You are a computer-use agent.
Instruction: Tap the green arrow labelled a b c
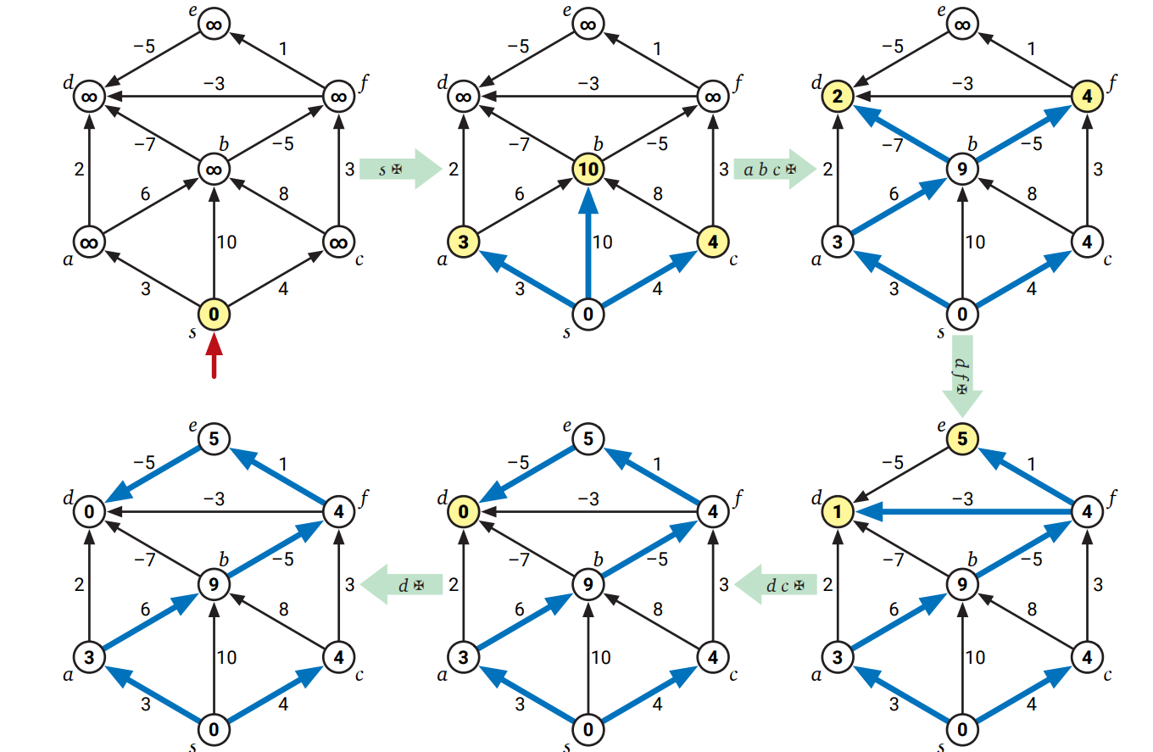coord(774,170)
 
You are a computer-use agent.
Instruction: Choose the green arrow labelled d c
coord(776,584)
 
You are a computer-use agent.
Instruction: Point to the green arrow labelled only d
coord(403,584)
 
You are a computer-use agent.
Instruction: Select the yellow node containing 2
coord(837,97)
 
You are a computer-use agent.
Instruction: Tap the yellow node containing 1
coord(837,511)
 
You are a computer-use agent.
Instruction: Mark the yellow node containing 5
coord(962,438)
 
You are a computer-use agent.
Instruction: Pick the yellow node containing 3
coord(463,242)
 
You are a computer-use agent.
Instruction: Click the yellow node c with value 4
coord(713,242)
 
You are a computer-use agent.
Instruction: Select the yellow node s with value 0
coord(214,315)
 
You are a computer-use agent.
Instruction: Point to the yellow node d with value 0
coord(463,511)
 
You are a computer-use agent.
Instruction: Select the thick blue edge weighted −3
coord(966,511)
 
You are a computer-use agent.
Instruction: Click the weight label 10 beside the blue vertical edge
coord(602,242)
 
